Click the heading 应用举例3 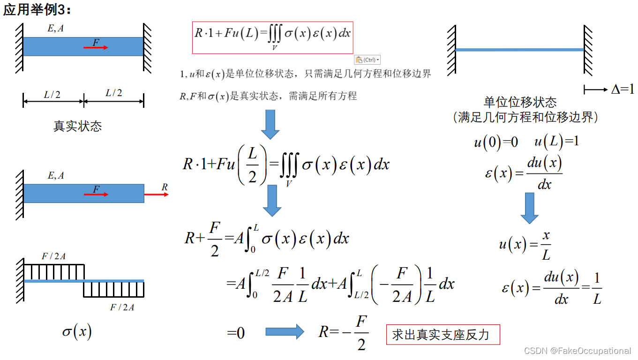38,9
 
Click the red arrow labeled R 156,194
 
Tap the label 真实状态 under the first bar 77,126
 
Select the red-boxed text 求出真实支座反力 443,335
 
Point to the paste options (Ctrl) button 367,60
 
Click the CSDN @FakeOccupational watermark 578,351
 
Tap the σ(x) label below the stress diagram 77,332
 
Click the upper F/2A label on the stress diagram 53,256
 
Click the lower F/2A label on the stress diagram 122,307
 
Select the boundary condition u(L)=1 556,142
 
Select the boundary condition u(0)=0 496,142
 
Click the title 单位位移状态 520,102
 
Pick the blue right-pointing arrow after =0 285,332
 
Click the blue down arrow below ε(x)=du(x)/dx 530,208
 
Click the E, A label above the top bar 56,29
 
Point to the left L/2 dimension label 52,95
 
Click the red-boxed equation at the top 272,37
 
